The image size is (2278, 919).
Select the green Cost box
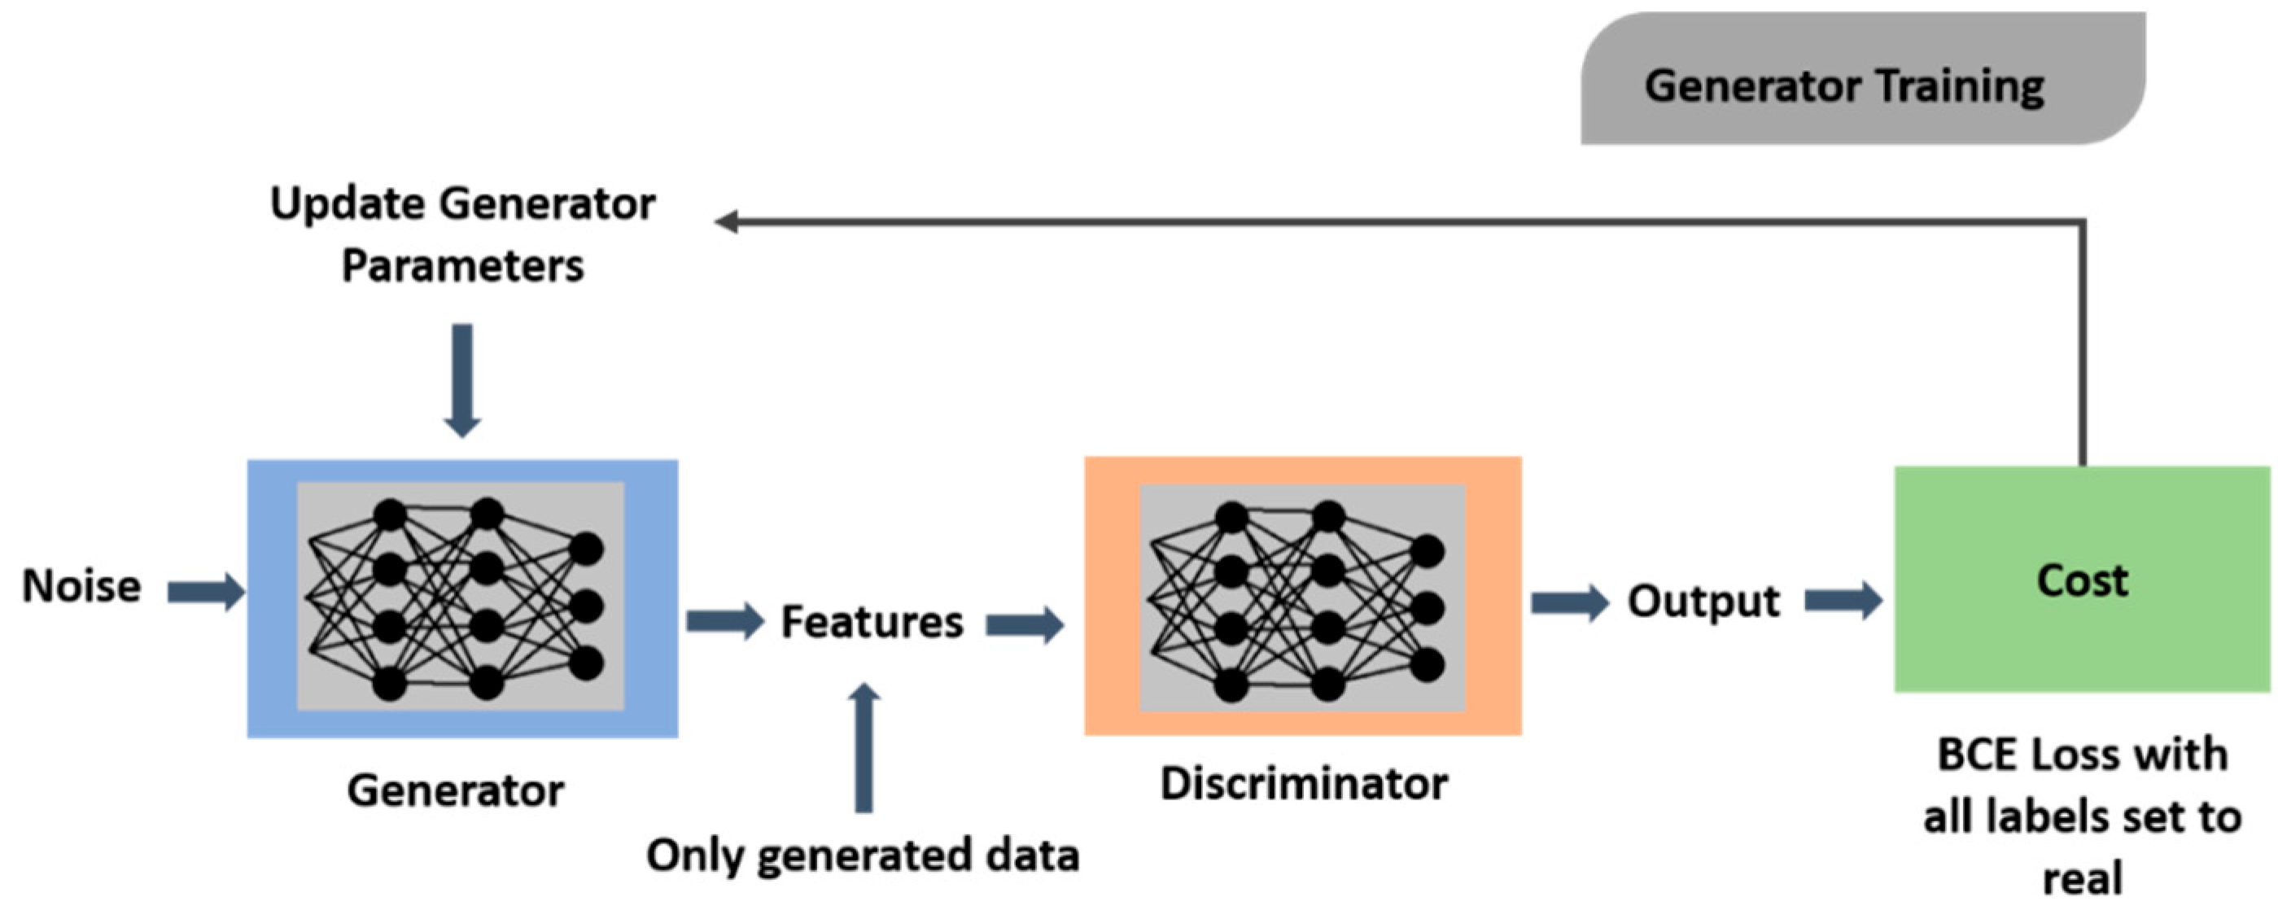pos(2082,580)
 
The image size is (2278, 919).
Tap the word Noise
pos(81,586)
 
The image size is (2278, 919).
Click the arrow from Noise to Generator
pos(206,592)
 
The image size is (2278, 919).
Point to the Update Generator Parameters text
pos(462,234)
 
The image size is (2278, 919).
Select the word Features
pos(872,622)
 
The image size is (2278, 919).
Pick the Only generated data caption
pos(862,856)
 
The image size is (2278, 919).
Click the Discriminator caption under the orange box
pos(1304,784)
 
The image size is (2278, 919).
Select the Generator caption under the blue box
pos(456,790)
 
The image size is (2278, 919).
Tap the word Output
pos(1703,602)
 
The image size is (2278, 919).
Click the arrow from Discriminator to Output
pos(1570,603)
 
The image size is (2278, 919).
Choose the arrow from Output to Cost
pos(1843,602)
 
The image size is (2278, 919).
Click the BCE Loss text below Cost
pos(2082,816)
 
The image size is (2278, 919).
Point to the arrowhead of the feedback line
pos(727,221)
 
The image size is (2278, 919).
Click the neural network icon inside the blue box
pos(461,597)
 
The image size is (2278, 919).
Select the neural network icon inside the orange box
pos(1301,599)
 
